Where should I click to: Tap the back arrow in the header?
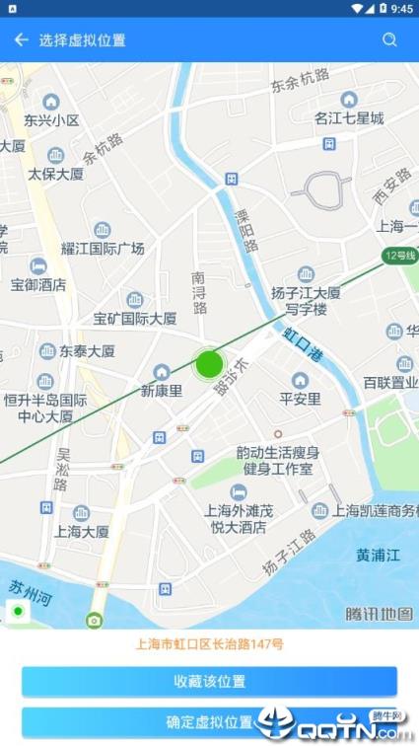coord(21,40)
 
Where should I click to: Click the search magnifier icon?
coord(390,40)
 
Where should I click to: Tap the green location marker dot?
coord(208,364)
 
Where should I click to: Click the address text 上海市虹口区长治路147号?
coord(209,644)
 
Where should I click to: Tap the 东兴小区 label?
coord(51,120)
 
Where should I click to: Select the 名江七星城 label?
coord(349,118)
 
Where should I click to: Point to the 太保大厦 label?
coord(55,174)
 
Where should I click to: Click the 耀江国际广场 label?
coord(103,248)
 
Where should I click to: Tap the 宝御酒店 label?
coord(38,284)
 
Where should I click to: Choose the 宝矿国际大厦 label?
coord(135,318)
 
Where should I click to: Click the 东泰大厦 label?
coord(87,350)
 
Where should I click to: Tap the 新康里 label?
coord(162,390)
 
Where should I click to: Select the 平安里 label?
coord(300,399)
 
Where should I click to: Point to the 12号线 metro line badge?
coord(400,257)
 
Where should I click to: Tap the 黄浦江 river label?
coord(379,555)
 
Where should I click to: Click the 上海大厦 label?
coord(82,531)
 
